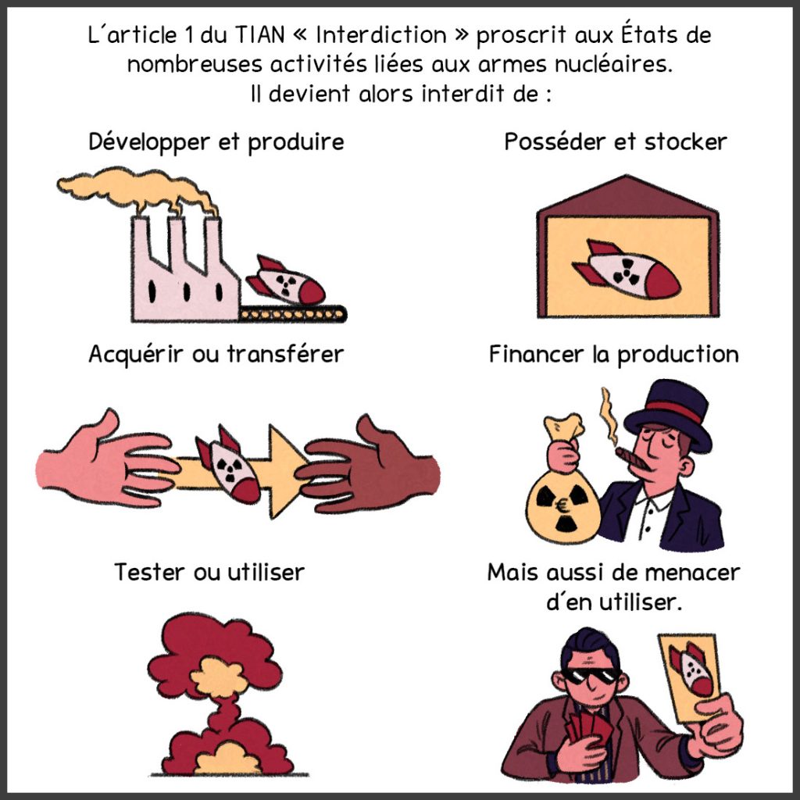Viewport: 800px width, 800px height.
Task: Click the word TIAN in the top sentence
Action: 259,34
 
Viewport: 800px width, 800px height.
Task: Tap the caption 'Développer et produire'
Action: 216,142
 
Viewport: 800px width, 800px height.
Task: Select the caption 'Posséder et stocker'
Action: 616,142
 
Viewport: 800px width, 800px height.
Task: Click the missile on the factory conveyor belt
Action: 286,280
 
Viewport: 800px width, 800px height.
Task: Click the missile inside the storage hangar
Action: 627,270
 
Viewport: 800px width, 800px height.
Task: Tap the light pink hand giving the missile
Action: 105,461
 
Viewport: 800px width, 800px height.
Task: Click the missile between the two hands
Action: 228,464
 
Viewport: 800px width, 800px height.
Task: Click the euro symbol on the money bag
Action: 563,506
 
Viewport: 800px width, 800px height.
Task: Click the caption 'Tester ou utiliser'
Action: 209,573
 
